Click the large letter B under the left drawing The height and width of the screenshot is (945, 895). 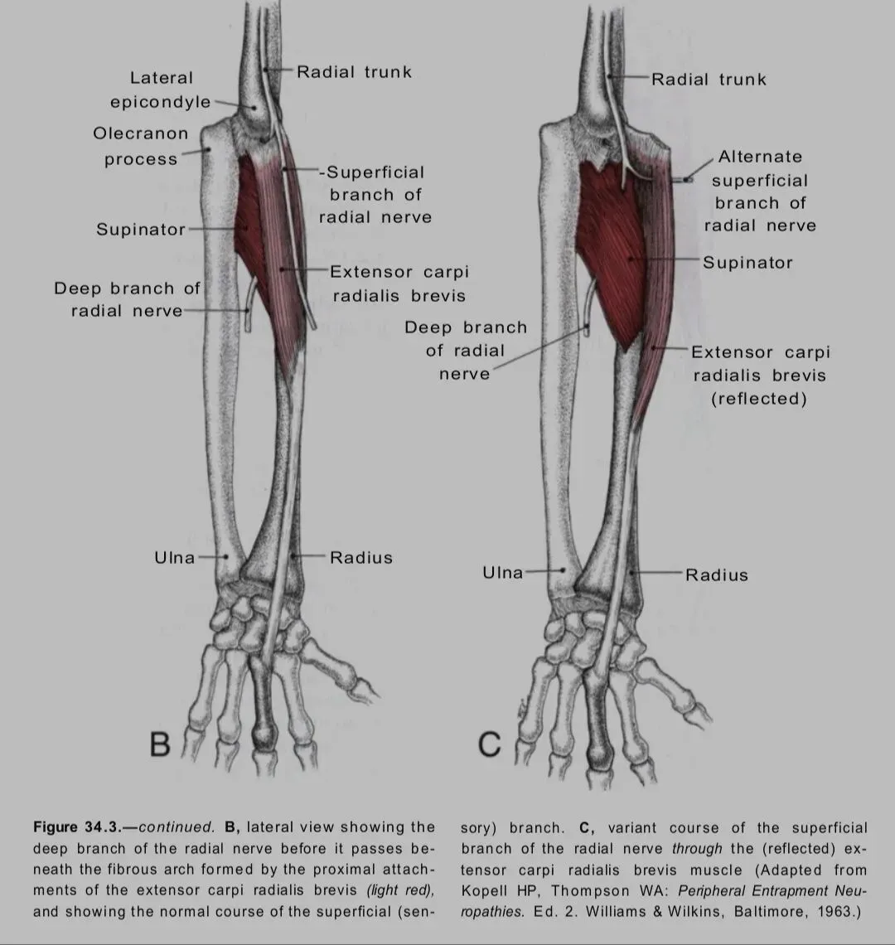[160, 744]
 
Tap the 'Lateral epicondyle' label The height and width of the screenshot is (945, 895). [161, 90]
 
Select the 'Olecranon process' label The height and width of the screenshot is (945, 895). [141, 146]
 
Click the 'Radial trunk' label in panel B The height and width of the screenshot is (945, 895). [354, 72]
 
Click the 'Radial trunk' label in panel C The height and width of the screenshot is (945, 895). [709, 80]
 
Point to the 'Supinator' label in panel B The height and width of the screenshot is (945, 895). [141, 230]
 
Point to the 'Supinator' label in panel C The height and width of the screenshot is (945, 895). [747, 263]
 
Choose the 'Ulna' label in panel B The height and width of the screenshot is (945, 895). [175, 557]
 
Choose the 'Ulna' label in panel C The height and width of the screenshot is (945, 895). [503, 572]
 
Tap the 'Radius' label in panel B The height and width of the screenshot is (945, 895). [360, 557]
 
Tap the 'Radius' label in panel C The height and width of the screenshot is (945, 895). [716, 574]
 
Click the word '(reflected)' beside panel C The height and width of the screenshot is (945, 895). [758, 399]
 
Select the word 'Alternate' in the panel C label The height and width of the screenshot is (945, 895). [760, 157]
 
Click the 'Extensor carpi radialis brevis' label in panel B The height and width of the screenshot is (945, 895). [398, 283]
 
